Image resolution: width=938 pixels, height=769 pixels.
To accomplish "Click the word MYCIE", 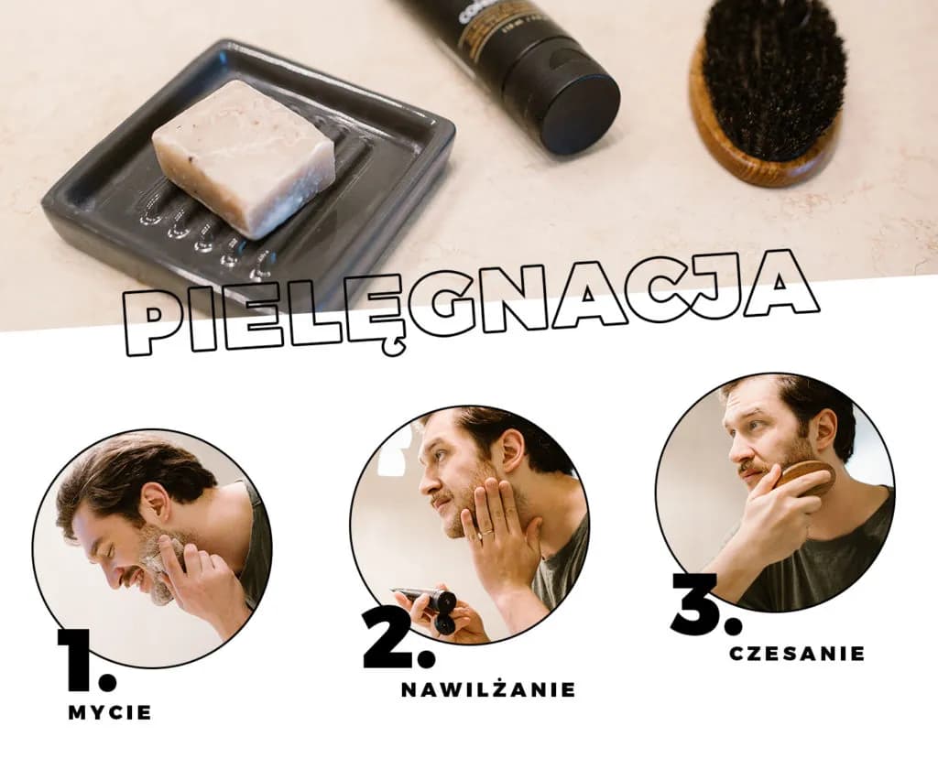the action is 110,713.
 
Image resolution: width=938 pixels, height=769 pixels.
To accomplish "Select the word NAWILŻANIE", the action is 488,689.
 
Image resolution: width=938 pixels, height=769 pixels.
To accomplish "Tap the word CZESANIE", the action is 798,653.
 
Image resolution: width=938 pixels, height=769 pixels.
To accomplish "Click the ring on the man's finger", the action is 487,531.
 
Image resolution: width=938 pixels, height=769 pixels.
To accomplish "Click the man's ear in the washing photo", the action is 154,501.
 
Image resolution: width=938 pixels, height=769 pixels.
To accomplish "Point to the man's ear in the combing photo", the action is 825,428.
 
